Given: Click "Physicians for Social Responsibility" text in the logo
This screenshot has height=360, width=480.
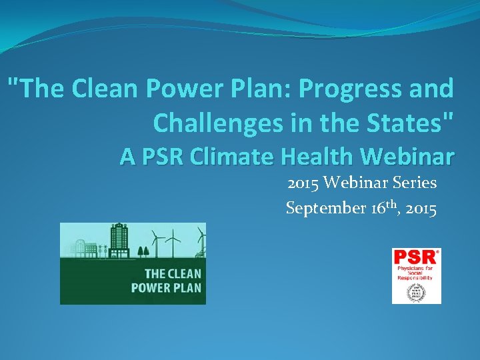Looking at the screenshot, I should (416, 273).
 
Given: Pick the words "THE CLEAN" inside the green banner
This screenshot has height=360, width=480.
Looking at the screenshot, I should (173, 274).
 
